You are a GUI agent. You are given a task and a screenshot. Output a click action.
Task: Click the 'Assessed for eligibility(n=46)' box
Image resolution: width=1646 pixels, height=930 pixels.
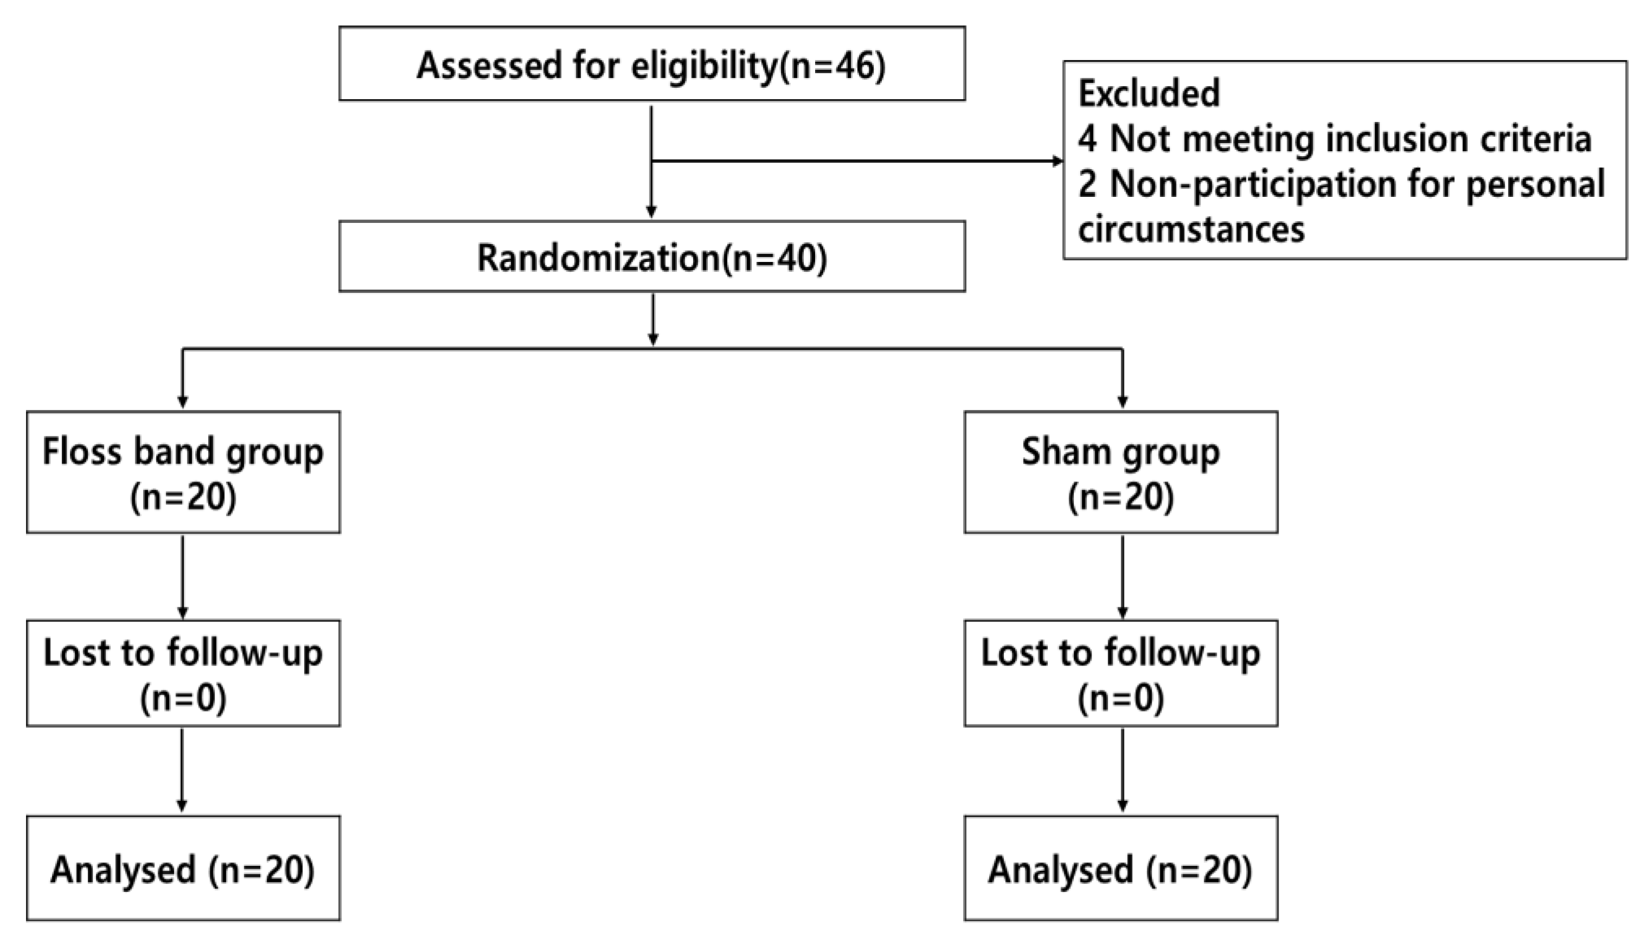[x=652, y=64]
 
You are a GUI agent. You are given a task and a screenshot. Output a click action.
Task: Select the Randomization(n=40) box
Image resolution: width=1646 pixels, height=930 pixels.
[x=652, y=257]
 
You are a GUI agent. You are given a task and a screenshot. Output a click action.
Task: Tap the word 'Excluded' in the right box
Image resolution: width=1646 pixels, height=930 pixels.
[x=1149, y=93]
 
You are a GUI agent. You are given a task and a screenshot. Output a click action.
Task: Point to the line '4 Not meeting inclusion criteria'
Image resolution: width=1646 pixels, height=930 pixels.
[x=1334, y=139]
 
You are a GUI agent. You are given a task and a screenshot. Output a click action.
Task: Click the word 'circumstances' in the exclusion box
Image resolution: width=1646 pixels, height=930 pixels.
[x=1191, y=229]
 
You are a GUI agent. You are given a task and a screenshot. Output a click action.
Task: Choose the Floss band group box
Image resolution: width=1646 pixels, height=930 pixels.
[x=183, y=472]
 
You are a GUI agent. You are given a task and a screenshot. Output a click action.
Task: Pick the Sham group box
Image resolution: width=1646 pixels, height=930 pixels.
[x=1121, y=472]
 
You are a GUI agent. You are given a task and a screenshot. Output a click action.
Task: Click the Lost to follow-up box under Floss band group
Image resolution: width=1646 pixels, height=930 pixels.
[x=183, y=673]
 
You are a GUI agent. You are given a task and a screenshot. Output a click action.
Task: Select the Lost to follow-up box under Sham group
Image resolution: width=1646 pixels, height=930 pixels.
[x=1121, y=673]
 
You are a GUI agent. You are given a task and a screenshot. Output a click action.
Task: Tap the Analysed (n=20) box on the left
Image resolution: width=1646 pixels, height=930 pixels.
[x=183, y=869]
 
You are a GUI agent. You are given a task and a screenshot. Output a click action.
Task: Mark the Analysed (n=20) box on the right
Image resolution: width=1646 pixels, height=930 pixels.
[x=1121, y=869]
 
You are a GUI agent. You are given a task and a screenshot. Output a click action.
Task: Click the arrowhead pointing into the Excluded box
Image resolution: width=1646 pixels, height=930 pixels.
[x=1057, y=161]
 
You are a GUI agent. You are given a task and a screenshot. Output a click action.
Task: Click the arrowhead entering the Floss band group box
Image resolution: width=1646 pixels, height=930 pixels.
[x=183, y=402]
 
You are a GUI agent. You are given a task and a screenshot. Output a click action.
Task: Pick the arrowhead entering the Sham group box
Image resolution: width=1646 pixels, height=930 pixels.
[x=1122, y=402]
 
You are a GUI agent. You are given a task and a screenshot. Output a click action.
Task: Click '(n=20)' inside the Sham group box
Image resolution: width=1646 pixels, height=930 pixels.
[x=1121, y=497]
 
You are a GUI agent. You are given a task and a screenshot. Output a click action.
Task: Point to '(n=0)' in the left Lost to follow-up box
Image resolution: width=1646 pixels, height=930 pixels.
[x=183, y=697]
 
